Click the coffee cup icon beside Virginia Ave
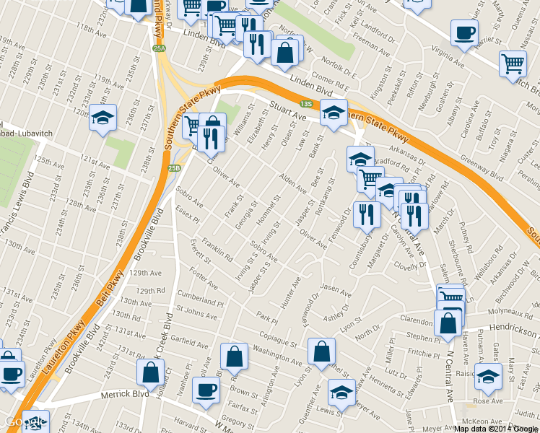464,32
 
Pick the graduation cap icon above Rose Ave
489,375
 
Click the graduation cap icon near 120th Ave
103,116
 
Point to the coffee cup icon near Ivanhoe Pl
206,389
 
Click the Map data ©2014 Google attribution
496,429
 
